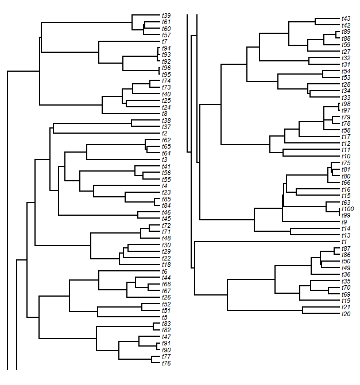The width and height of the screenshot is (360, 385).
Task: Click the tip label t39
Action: tap(166, 15)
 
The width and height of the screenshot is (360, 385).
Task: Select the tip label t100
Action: tap(348, 209)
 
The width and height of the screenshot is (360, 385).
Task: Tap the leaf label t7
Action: tap(165, 41)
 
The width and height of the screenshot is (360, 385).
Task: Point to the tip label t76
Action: tap(166, 363)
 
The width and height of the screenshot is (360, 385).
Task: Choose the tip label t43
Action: tap(346, 18)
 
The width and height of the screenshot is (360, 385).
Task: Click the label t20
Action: tap(346, 314)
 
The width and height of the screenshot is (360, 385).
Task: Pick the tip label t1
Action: tap(344, 242)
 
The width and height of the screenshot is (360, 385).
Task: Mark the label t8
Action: tap(165, 114)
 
